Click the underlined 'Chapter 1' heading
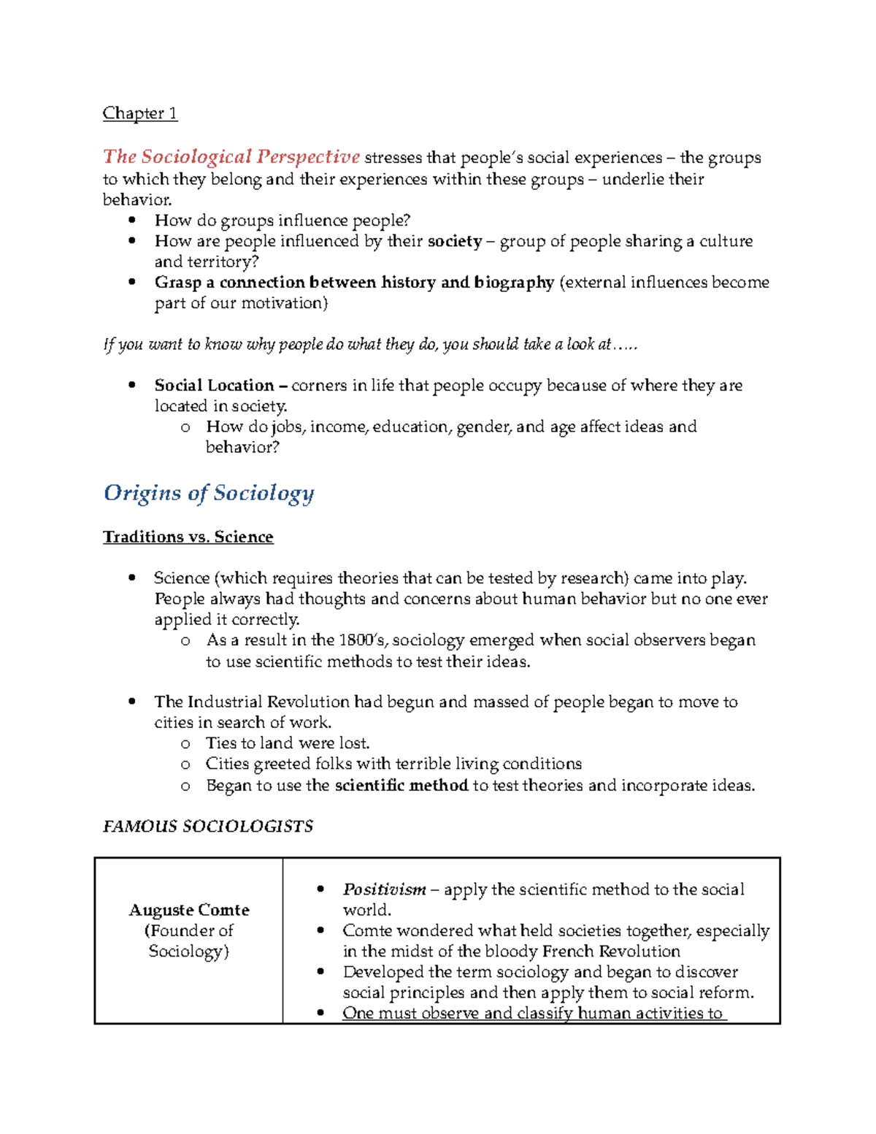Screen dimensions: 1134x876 click(x=139, y=113)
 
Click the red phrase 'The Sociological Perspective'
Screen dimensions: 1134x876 click(x=231, y=157)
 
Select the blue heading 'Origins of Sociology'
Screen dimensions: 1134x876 click(x=209, y=493)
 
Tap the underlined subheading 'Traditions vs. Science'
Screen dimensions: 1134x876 click(x=188, y=537)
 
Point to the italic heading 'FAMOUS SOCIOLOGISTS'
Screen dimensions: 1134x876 click(x=208, y=826)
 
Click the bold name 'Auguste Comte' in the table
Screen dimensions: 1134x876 click(x=189, y=910)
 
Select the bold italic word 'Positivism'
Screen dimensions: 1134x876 click(x=384, y=889)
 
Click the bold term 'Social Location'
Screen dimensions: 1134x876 click(x=214, y=386)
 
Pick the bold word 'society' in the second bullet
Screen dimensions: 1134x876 click(x=454, y=242)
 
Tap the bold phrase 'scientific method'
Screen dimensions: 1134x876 click(x=401, y=786)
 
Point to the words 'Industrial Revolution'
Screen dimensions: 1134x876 click(x=269, y=702)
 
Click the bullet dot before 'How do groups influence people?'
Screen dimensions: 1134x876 click(x=132, y=221)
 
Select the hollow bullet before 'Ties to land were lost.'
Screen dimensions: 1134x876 click(x=185, y=743)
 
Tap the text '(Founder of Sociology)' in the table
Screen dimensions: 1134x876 click(x=189, y=940)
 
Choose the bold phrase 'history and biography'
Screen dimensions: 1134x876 click(x=467, y=283)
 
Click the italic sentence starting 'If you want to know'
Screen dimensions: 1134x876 click(x=370, y=345)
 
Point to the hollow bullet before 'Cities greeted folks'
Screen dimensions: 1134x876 click(x=185, y=765)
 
